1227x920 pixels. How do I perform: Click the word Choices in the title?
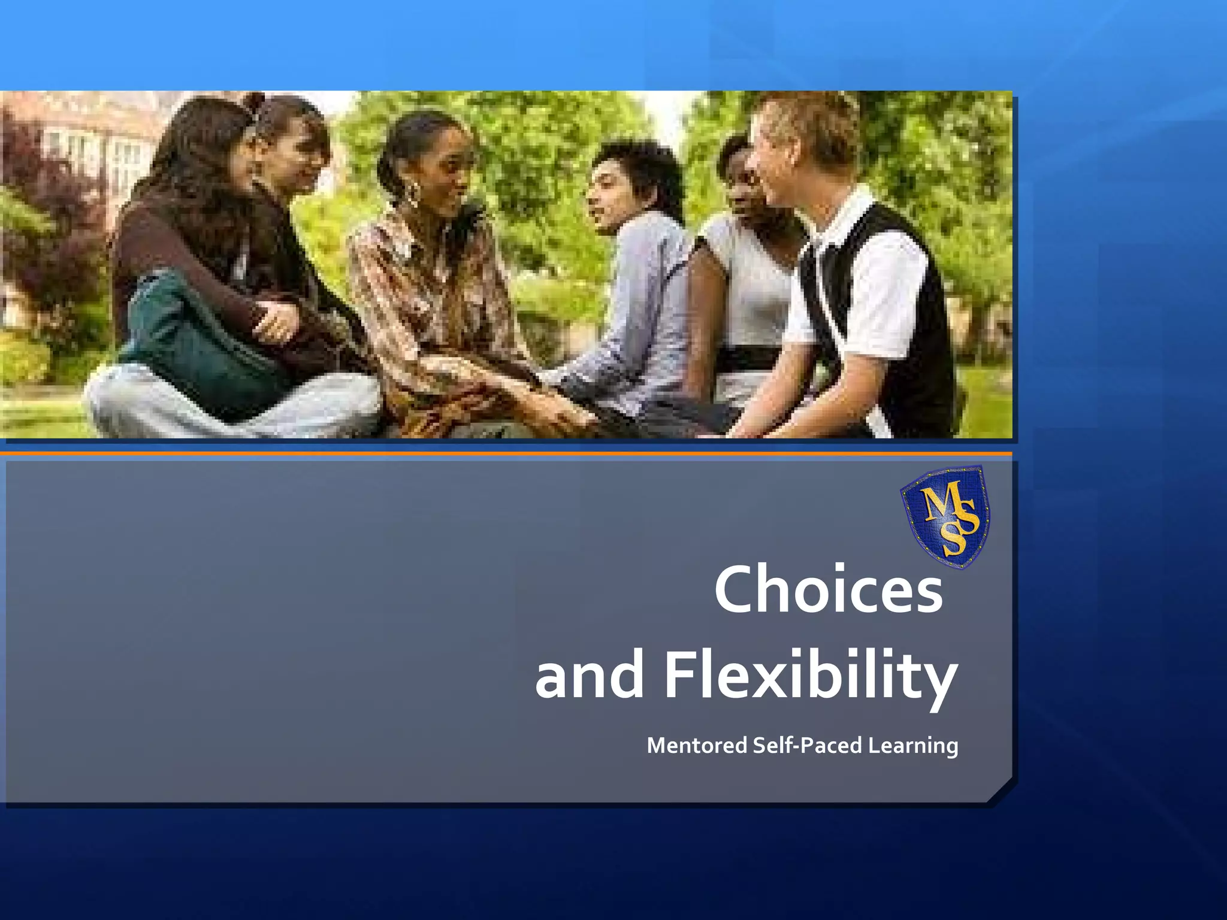828,590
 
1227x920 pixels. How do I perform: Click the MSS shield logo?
945,516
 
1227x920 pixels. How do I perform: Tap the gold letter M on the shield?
935,503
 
